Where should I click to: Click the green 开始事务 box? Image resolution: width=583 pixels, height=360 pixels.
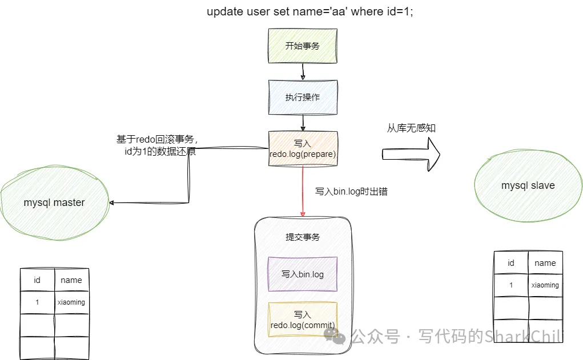(303, 46)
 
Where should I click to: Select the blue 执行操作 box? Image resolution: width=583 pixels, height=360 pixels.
(303, 97)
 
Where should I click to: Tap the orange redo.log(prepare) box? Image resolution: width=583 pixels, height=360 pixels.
(303, 149)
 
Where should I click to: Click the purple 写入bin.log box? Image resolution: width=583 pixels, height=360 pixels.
(303, 274)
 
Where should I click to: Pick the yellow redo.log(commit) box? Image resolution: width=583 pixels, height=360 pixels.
(303, 320)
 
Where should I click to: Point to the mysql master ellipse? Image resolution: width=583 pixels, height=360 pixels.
(54, 203)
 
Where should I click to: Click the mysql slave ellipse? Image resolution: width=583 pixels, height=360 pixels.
(528, 185)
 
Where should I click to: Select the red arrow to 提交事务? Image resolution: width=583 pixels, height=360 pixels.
(303, 192)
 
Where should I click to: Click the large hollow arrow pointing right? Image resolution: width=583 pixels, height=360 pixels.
(411, 154)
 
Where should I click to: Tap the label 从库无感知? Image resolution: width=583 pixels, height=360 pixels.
(411, 128)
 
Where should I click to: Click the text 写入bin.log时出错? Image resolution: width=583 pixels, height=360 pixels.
(351, 192)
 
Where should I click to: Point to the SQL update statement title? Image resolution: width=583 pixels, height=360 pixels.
(310, 11)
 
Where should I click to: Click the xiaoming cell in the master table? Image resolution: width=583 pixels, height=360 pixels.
(71, 302)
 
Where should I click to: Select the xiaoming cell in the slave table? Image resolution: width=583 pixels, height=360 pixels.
(545, 285)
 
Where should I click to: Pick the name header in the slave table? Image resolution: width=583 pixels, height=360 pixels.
(545, 263)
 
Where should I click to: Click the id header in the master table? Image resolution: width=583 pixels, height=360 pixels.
(37, 280)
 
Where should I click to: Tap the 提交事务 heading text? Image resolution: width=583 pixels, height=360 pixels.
(303, 237)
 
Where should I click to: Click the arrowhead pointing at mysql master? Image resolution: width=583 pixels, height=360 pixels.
(112, 203)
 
